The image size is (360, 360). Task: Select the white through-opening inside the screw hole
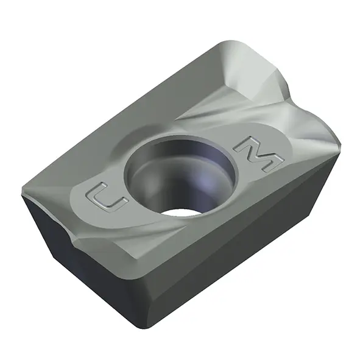point(181,213)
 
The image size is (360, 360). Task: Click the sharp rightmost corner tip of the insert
point(340,144)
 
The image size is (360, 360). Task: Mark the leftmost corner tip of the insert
point(22,193)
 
